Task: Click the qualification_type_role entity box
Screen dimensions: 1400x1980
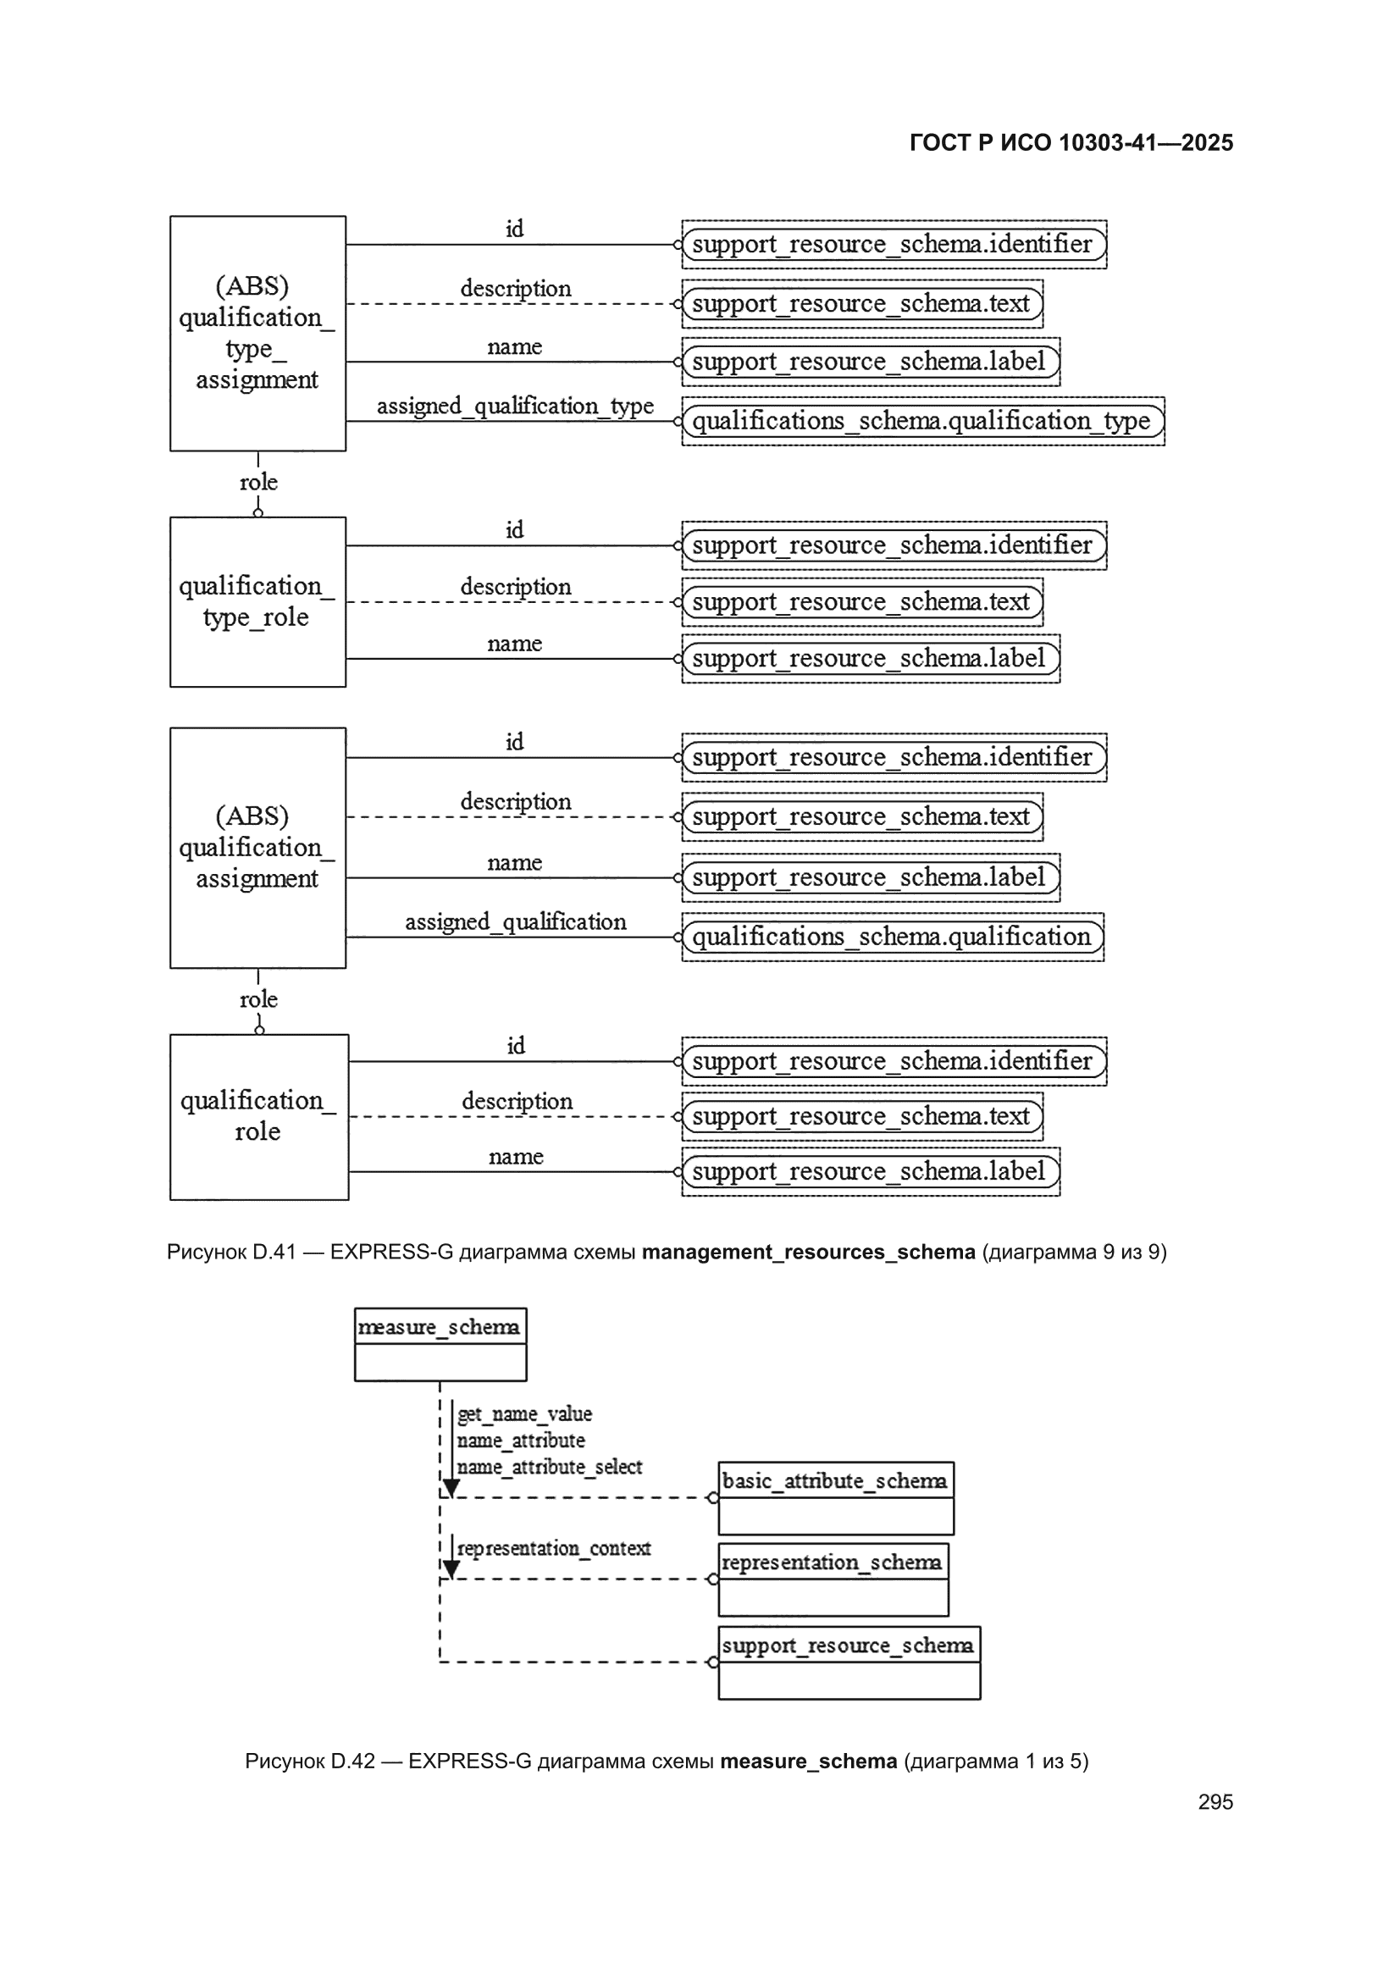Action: click(258, 602)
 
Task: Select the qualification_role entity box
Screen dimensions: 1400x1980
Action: click(260, 1117)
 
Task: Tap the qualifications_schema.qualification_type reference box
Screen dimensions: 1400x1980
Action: click(923, 421)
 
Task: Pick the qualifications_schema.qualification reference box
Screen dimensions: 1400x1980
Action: click(893, 937)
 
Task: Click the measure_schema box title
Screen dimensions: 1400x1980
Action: click(440, 1327)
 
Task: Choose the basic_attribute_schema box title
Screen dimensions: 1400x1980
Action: click(835, 1480)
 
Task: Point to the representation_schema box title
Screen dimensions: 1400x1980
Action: click(833, 1562)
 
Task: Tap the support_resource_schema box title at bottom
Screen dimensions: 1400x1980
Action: click(848, 1645)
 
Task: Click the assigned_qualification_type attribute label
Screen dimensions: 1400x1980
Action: click(515, 407)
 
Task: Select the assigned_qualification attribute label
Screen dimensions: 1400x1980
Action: click(516, 922)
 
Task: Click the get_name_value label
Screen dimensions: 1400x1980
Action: click(524, 1414)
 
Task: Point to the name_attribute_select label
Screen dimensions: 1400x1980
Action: click(550, 1467)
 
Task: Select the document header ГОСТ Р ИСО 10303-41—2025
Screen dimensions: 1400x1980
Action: click(1071, 143)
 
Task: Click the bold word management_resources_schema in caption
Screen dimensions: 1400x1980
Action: click(808, 1253)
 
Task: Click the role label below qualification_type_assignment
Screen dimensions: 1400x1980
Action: click(259, 482)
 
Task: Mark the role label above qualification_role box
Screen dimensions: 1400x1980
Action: click(259, 999)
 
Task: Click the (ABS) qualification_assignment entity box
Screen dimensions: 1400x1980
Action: click(258, 848)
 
